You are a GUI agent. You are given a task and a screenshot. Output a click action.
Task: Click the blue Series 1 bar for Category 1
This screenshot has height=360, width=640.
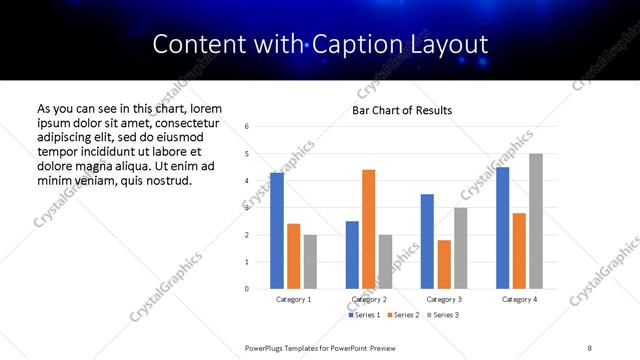pos(277,231)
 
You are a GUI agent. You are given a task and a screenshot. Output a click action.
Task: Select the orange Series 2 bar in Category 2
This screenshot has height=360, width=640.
pos(368,229)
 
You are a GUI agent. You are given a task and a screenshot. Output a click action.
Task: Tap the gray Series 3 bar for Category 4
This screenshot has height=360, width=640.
pos(536,221)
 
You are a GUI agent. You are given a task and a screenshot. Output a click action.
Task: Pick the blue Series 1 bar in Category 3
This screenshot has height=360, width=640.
pos(427,241)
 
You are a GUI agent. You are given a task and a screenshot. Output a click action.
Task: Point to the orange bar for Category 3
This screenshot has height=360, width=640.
pos(444,264)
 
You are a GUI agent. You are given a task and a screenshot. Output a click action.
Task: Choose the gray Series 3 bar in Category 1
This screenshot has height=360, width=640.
pos(310,262)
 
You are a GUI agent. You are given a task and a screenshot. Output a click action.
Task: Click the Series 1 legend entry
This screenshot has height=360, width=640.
pos(365,315)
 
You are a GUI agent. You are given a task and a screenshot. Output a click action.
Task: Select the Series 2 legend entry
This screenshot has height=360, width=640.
pos(403,315)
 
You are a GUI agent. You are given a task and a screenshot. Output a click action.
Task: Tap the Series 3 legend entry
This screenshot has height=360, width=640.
pos(442,315)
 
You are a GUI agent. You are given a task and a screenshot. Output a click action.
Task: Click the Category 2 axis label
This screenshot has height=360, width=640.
pos(368,299)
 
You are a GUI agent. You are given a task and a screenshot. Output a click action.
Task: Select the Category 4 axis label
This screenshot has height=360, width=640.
pos(519,299)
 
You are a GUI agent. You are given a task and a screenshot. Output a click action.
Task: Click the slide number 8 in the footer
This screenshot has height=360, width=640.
pos(590,347)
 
